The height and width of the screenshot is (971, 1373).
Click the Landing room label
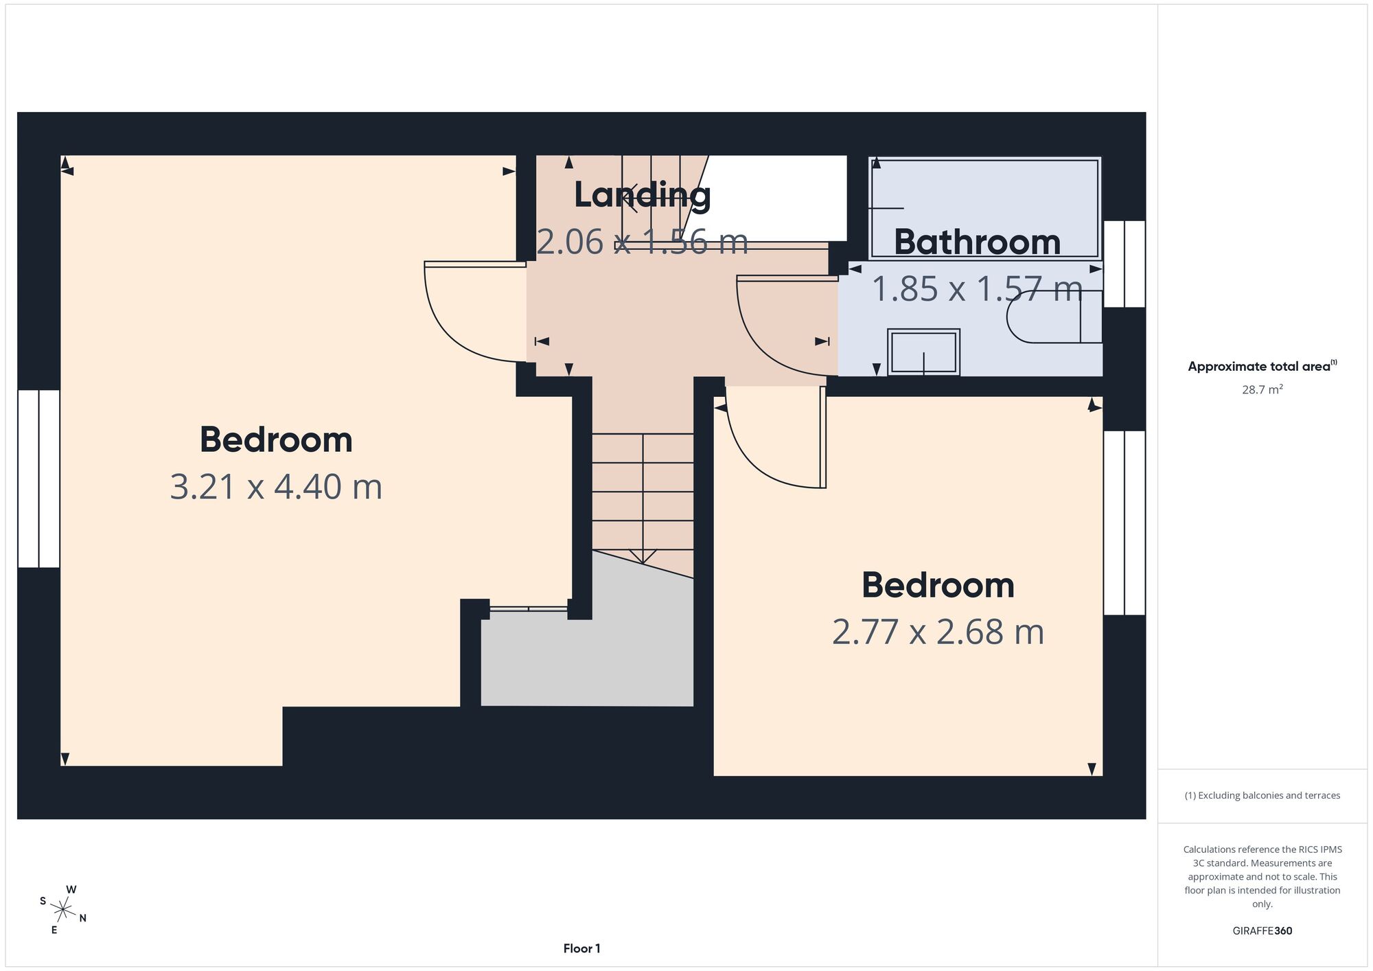click(642, 195)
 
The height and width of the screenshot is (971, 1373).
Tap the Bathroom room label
click(977, 242)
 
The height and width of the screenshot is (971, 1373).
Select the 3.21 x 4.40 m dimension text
click(276, 487)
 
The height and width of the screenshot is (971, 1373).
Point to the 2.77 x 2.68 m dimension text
click(938, 632)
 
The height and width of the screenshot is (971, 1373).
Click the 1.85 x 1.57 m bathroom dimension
click(977, 288)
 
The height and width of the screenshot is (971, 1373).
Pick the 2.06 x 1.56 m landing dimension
click(642, 242)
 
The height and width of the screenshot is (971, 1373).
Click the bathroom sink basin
click(923, 352)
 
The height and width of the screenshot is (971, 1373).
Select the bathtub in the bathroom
click(985, 208)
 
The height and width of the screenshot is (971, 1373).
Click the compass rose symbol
click(62, 911)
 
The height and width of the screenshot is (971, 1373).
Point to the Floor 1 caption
click(581, 948)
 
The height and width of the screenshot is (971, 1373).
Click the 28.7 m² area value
click(1262, 389)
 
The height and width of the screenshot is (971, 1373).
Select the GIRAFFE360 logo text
click(1262, 931)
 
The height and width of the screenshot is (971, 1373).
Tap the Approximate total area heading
click(1262, 366)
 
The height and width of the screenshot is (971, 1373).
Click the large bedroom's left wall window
click(39, 479)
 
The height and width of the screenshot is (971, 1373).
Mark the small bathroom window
click(1124, 264)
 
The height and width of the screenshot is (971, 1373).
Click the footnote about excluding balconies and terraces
click(1262, 795)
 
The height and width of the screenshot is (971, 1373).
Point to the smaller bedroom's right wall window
click(1124, 523)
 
